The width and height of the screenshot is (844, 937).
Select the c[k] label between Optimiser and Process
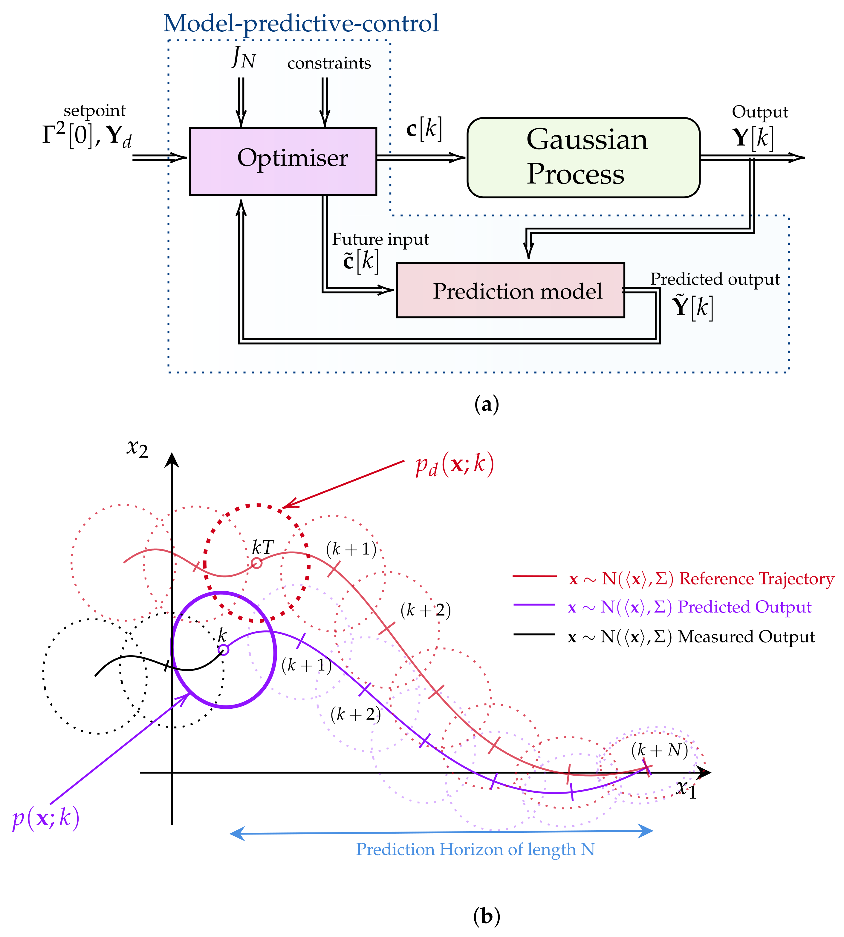point(424,128)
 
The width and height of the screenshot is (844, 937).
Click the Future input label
point(380,239)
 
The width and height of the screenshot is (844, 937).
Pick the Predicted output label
point(715,279)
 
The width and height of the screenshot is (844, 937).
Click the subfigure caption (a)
point(487,404)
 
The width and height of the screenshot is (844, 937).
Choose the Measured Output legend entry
point(691,637)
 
